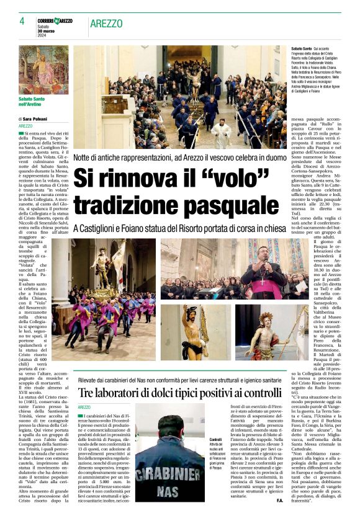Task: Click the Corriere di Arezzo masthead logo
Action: click(x=55, y=21)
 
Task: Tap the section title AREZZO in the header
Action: click(x=106, y=24)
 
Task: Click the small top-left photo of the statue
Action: click(x=43, y=69)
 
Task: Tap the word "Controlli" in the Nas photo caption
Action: click(x=216, y=439)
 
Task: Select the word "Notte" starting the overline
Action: click(x=85, y=158)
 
